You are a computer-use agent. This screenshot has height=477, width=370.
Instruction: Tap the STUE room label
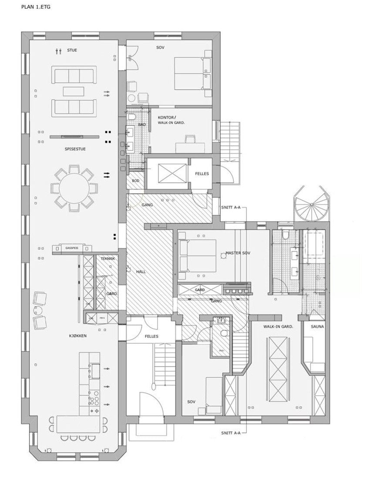click(x=72, y=50)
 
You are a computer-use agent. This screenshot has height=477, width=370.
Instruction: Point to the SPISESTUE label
click(x=75, y=149)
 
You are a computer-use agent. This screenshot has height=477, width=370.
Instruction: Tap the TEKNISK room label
click(x=108, y=259)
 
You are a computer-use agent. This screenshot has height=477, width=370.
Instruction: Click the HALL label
click(x=141, y=272)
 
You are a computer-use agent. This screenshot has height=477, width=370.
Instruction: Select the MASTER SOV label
click(x=238, y=253)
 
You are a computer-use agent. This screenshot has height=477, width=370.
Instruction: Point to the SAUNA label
click(x=316, y=326)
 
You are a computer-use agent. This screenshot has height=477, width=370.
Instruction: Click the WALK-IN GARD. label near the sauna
click(x=278, y=326)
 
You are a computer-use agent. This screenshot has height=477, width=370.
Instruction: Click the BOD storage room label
click(x=135, y=180)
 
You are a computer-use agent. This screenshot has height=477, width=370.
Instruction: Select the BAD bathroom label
click(x=142, y=124)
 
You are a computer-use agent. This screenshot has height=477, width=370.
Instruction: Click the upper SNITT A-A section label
click(x=231, y=207)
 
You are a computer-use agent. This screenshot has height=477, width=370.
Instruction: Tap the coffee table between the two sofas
click(x=74, y=91)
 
